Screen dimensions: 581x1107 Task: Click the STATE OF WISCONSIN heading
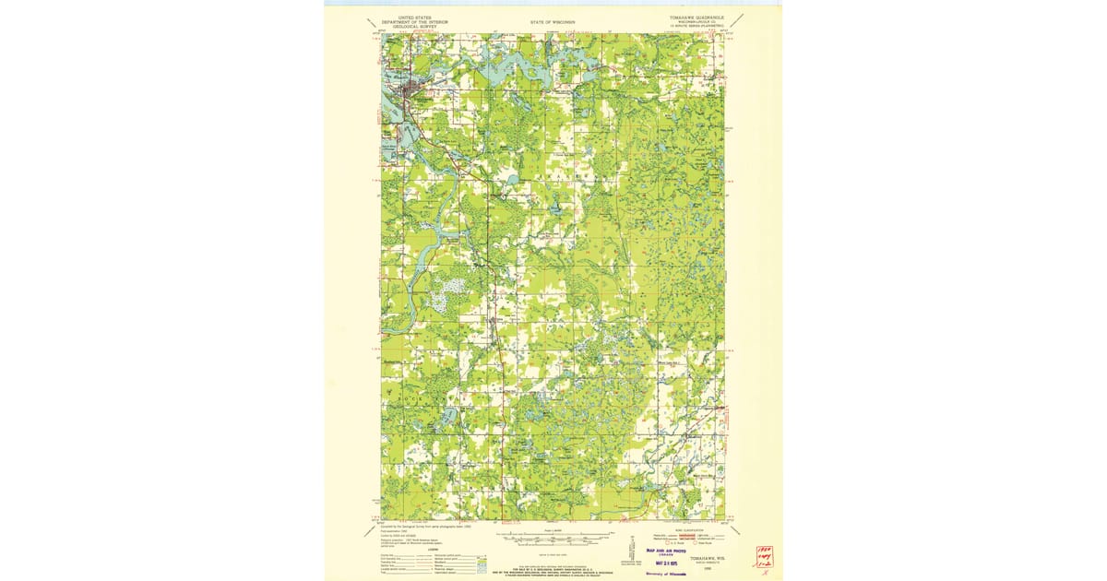pyautogui.click(x=553, y=21)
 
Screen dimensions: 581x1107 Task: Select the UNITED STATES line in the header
pyautogui.click(x=414, y=17)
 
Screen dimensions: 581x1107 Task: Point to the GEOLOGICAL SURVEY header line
pyautogui.click(x=414, y=27)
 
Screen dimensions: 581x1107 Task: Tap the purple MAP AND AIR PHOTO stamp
pyautogui.click(x=661, y=550)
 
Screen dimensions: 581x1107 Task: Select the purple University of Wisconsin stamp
pyautogui.click(x=661, y=574)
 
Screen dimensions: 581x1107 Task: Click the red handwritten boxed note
pyautogui.click(x=764, y=556)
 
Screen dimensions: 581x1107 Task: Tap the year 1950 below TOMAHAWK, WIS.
pyautogui.click(x=705, y=568)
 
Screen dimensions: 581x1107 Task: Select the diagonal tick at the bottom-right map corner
pyautogui.click(x=735, y=530)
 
